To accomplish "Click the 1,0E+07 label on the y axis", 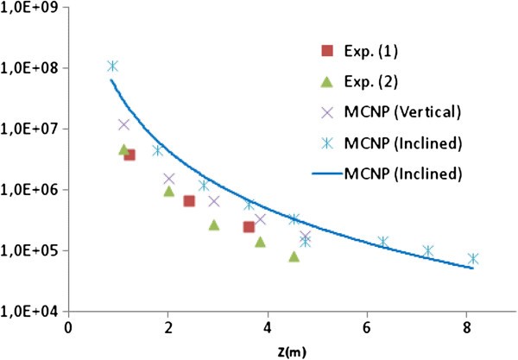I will click(x=31, y=129).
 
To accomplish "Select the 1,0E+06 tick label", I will click(x=31, y=190).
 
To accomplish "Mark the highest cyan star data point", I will click(x=112, y=66).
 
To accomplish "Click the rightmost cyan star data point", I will click(x=472, y=259).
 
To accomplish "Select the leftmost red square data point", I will click(x=129, y=155).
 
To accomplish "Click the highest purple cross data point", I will click(x=124, y=124).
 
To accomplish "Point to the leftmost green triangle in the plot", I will click(x=123, y=150).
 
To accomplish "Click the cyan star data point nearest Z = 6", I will click(x=382, y=242).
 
